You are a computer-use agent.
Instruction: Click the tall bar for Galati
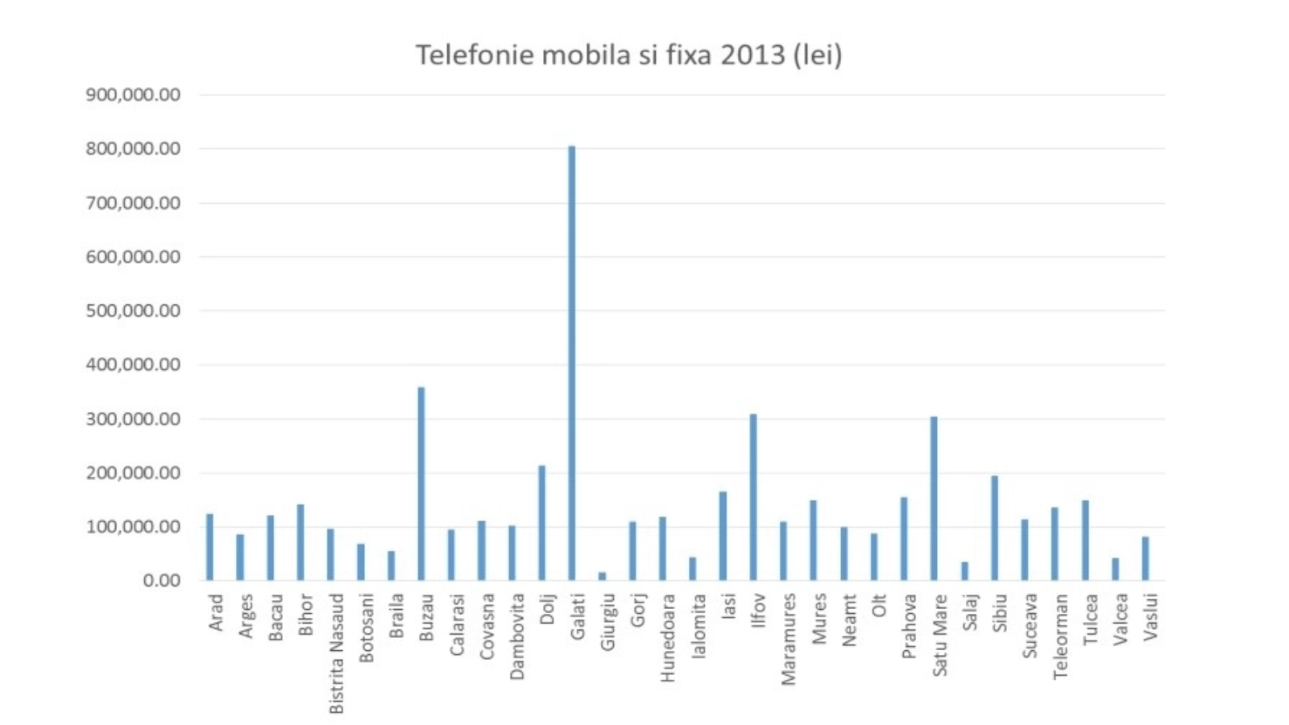point(572,362)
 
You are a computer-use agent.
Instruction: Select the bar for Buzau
point(421,483)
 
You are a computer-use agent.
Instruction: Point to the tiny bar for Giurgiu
point(602,576)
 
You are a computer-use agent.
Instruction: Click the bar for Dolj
point(541,523)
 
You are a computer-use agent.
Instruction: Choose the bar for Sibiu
point(994,528)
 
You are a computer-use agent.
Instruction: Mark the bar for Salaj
point(964,571)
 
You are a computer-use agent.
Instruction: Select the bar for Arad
point(209,547)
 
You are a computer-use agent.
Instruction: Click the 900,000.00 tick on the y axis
point(133,95)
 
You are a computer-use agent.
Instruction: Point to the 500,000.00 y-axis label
point(133,311)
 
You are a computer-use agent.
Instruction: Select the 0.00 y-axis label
point(161,581)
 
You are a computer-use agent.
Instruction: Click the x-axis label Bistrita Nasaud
point(337,653)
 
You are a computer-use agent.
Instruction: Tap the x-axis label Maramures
point(789,639)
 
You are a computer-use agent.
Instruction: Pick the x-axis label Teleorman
point(1060,636)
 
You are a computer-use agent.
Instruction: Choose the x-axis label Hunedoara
point(668,638)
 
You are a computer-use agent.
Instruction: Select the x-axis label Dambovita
point(517,636)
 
